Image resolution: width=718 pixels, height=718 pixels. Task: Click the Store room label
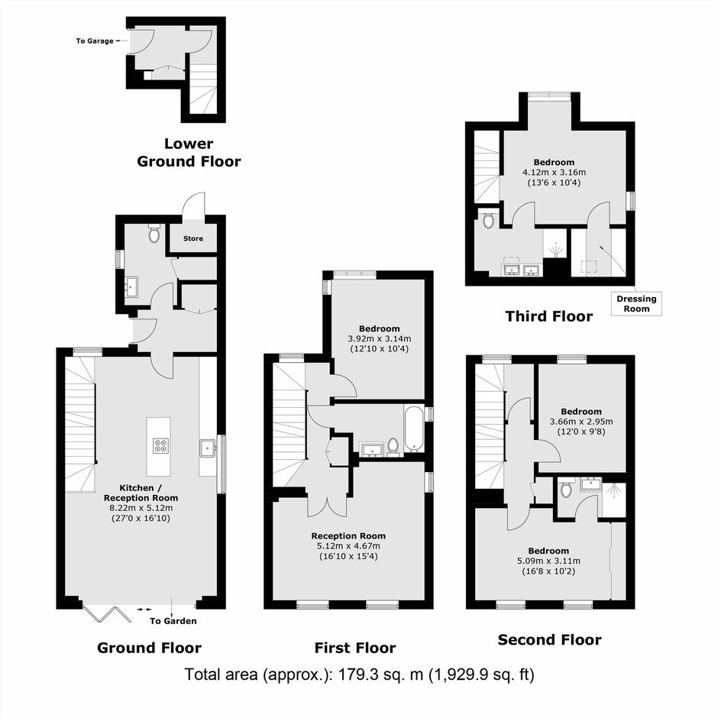pyautogui.click(x=193, y=238)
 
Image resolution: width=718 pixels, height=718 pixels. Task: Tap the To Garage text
pyautogui.click(x=95, y=41)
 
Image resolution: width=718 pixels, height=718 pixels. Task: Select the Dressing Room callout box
pyautogui.click(x=636, y=303)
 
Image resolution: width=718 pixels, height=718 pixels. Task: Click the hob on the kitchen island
pyautogui.click(x=161, y=445)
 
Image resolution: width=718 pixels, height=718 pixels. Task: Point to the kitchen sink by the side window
pyautogui.click(x=208, y=448)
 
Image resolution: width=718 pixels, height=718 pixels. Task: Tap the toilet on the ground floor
pyautogui.click(x=154, y=233)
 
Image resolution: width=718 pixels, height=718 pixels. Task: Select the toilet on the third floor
pyautogui.click(x=489, y=219)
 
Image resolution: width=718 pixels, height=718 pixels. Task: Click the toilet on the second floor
pyautogui.click(x=567, y=488)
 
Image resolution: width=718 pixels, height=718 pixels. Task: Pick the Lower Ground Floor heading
pyautogui.click(x=189, y=153)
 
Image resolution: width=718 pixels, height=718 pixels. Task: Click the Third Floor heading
pyautogui.click(x=549, y=316)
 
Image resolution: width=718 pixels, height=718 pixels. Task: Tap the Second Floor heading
pyautogui.click(x=549, y=639)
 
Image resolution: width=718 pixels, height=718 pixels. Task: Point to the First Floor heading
pyautogui.click(x=355, y=648)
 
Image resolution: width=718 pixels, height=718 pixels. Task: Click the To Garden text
pyautogui.click(x=173, y=621)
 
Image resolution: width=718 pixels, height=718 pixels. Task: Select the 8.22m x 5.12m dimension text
pyautogui.click(x=141, y=508)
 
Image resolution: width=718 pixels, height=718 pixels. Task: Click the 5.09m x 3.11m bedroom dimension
pyautogui.click(x=548, y=561)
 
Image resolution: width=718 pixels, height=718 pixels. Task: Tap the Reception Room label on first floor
pyautogui.click(x=348, y=535)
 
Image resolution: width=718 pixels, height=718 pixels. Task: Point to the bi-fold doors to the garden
pyautogui.click(x=108, y=613)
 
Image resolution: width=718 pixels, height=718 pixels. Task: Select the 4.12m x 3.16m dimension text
pyautogui.click(x=554, y=173)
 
